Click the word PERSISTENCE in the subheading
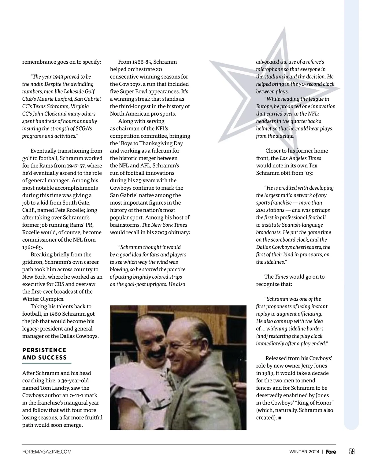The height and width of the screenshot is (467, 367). [x=44, y=350]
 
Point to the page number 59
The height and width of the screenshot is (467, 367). [x=352, y=451]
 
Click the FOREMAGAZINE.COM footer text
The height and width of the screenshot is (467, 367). [x=47, y=452]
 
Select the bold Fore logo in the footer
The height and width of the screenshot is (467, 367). [x=331, y=452]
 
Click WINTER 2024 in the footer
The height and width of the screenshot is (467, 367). [x=304, y=452]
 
